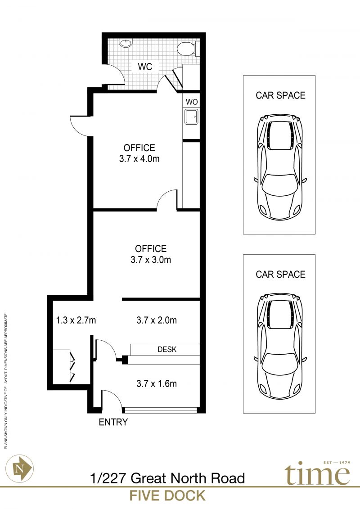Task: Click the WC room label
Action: pyautogui.click(x=145, y=67)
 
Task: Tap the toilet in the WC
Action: pyautogui.click(x=187, y=48)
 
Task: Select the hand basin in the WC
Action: pyautogui.click(x=126, y=43)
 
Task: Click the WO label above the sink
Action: pyautogui.click(x=192, y=102)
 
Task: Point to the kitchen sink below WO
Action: pyautogui.click(x=191, y=117)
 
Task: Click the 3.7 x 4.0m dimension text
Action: pyautogui.click(x=139, y=159)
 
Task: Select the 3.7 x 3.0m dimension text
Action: pyautogui.click(x=151, y=260)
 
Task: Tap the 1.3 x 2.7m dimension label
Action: pyautogui.click(x=76, y=320)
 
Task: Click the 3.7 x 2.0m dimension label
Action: pyautogui.click(x=157, y=320)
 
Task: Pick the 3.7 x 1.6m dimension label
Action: pyautogui.click(x=157, y=384)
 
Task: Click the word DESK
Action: pyautogui.click(x=167, y=349)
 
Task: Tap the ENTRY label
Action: pyautogui.click(x=113, y=422)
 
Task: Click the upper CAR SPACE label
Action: pyautogui.click(x=280, y=95)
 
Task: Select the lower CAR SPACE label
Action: pyautogui.click(x=280, y=274)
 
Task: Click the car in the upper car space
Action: pyautogui.click(x=280, y=167)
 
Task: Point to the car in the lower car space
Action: pyautogui.click(x=280, y=347)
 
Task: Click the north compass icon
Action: pyautogui.click(x=19, y=468)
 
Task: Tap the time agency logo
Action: pyautogui.click(x=318, y=473)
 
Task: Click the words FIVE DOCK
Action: pyautogui.click(x=167, y=495)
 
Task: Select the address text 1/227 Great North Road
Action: pyautogui.click(x=167, y=478)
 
